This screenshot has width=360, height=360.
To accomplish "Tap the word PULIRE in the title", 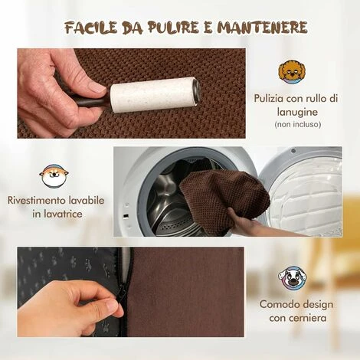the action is point(173,28).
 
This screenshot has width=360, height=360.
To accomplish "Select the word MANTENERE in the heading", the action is point(262,28).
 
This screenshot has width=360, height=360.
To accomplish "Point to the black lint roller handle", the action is point(90,101).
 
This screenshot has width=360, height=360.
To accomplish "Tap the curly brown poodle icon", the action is point(292,71).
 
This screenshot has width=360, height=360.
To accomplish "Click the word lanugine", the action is point(298,113).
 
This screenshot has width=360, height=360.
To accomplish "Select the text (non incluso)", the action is point(298,124).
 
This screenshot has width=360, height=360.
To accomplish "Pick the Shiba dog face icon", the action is point(54,175).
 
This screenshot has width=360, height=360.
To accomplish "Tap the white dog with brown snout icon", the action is point(293,278).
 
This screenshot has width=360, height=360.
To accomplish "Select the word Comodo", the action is point(277,304).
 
